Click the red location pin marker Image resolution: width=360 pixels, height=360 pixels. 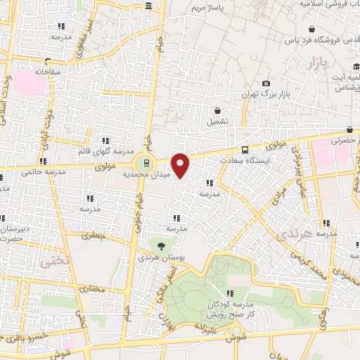(x=181, y=165)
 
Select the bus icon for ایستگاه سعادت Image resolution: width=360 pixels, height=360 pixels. (x=245, y=150)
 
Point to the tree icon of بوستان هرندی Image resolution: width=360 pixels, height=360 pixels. (x=162, y=246)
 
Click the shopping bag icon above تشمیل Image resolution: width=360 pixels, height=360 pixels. (x=217, y=110)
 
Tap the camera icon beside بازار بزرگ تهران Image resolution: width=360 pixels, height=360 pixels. (x=266, y=84)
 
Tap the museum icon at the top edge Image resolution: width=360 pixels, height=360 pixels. (x=148, y=6)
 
